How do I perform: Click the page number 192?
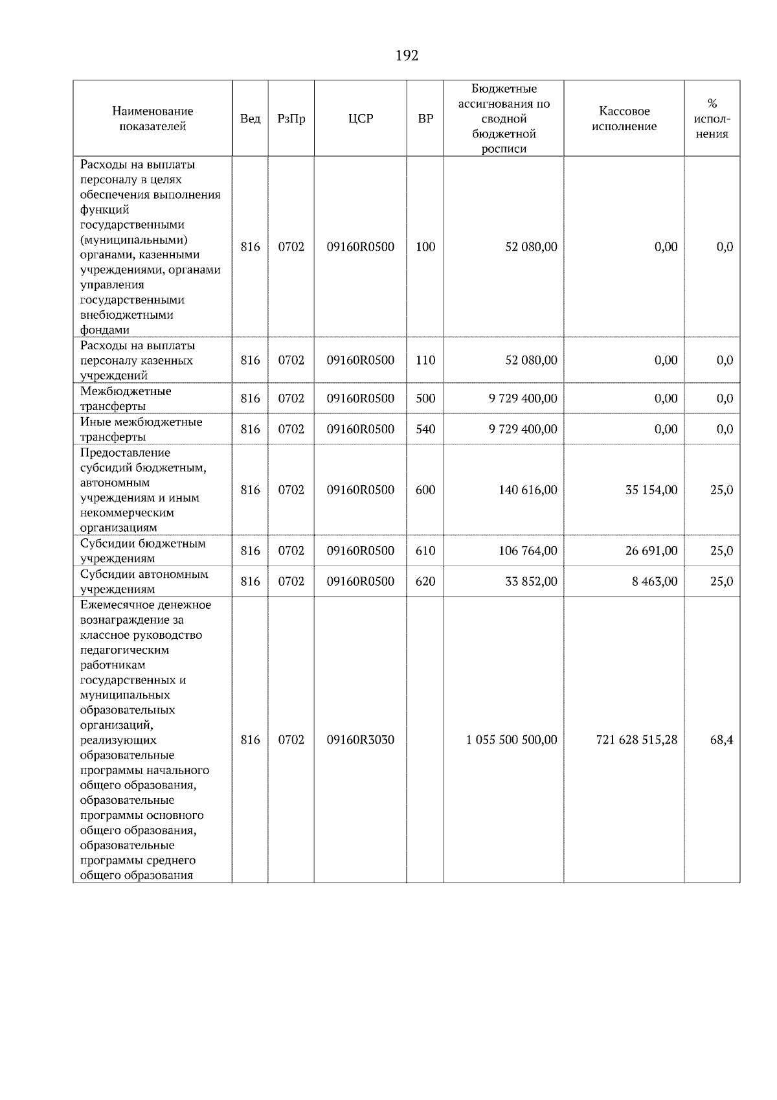coord(407,56)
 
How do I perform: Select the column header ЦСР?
coord(361,119)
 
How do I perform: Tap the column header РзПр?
coord(291,119)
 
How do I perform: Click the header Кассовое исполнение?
coord(624,119)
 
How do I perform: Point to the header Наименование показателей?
coord(152,119)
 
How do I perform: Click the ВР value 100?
coord(425,247)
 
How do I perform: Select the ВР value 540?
coord(425,429)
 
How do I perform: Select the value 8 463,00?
coord(655,581)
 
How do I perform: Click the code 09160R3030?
coord(361,740)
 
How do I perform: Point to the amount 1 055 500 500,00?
coord(512,740)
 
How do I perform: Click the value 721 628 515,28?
coord(636,740)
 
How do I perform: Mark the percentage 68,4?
coord(721,740)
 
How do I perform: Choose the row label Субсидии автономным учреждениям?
coord(144,581)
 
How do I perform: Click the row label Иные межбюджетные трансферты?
coord(141,429)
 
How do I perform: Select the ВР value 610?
coord(425,551)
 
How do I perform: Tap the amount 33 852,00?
coord(531,581)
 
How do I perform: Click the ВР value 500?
coord(425,398)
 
